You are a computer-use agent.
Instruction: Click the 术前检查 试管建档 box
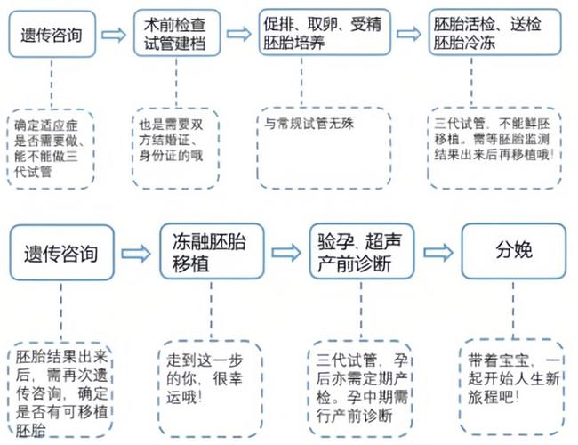[174, 34]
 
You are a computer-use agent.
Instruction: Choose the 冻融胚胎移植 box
[208, 251]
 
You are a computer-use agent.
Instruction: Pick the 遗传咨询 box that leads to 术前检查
[51, 35]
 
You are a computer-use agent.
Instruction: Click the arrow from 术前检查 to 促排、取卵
[238, 34]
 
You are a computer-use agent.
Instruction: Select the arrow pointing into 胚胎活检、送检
[408, 34]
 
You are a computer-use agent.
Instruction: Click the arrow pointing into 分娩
[438, 252]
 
